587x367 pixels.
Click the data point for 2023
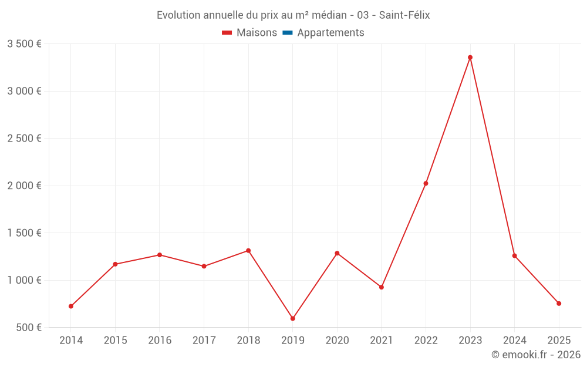point(470,58)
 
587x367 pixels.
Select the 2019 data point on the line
point(293,319)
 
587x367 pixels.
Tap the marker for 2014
point(71,307)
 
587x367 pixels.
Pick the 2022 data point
point(426,184)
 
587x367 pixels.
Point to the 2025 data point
point(559,304)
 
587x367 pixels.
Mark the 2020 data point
point(337,253)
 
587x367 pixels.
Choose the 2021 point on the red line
point(382,287)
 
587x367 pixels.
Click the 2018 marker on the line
point(248,251)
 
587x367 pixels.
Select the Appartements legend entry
point(330,33)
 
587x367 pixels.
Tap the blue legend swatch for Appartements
point(288,33)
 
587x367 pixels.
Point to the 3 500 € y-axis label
point(24,44)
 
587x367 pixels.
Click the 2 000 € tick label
point(24,186)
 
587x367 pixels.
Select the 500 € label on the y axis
point(28,328)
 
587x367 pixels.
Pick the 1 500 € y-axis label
point(24,233)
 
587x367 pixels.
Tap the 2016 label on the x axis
point(160,341)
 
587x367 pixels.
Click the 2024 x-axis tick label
point(515,341)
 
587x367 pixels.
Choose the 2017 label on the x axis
point(204,341)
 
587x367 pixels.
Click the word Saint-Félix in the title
point(404,15)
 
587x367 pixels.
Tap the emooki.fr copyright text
point(536,355)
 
